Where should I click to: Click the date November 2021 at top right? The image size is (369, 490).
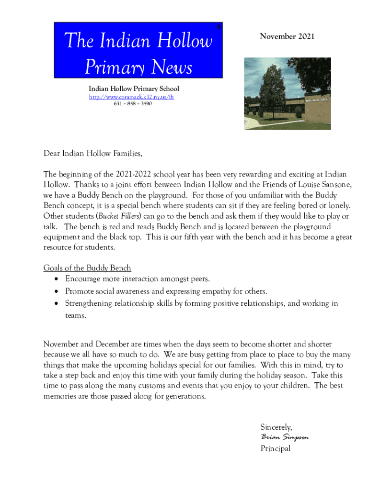click(287, 36)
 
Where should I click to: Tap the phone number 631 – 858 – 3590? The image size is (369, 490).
click(133, 103)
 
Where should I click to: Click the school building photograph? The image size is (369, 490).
click(288, 94)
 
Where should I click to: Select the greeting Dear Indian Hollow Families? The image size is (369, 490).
click(93, 154)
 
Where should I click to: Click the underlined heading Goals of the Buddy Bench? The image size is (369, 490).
click(87, 268)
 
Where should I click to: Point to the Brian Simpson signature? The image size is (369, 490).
click(285, 437)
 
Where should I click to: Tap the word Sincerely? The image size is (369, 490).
click(276, 427)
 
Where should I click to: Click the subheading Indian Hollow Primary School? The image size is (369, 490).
click(134, 89)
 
